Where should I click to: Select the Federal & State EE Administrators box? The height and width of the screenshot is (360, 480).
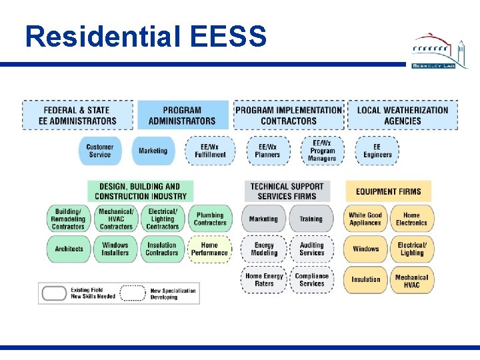tap(77, 115)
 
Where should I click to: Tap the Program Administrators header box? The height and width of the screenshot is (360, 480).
tap(182, 115)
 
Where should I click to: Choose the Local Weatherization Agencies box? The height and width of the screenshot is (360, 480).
tap(403, 115)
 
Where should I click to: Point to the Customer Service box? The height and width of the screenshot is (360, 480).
tap(99, 151)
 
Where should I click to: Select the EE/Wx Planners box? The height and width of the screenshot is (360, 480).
tap(267, 151)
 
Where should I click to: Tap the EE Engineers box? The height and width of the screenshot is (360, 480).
tap(377, 151)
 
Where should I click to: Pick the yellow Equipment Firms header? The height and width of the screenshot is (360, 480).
tap(388, 191)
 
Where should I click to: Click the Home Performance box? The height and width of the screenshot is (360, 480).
tap(209, 249)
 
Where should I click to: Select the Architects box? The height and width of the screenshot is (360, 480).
tap(69, 249)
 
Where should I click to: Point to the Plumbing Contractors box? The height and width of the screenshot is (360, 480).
tap(209, 219)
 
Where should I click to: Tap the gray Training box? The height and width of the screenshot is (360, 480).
tap(311, 219)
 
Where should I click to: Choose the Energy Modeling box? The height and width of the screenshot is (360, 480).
tap(263, 249)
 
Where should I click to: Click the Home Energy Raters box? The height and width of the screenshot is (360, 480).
tap(263, 279)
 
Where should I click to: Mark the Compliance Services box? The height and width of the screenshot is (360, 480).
tap(311, 279)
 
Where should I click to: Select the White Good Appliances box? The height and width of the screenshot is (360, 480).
tap(365, 219)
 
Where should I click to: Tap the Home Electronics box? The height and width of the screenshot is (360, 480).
tap(411, 219)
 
